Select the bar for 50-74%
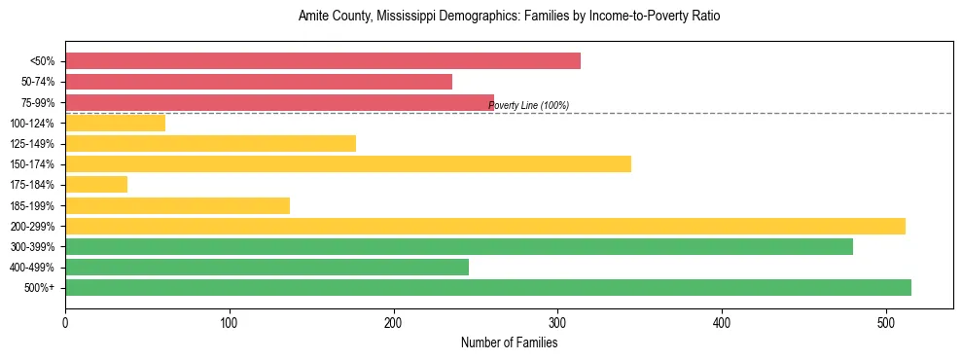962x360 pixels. coord(259,82)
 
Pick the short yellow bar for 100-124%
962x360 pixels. coord(115,123)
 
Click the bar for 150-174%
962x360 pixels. coord(348,163)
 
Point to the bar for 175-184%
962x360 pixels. coord(96,184)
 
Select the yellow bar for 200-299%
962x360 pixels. coord(485,226)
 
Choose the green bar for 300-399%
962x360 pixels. coord(459,246)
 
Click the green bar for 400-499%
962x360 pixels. coord(267,267)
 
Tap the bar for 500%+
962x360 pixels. coord(488,287)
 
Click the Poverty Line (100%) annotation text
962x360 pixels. coord(528,106)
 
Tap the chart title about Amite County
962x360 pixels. coord(509,17)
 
